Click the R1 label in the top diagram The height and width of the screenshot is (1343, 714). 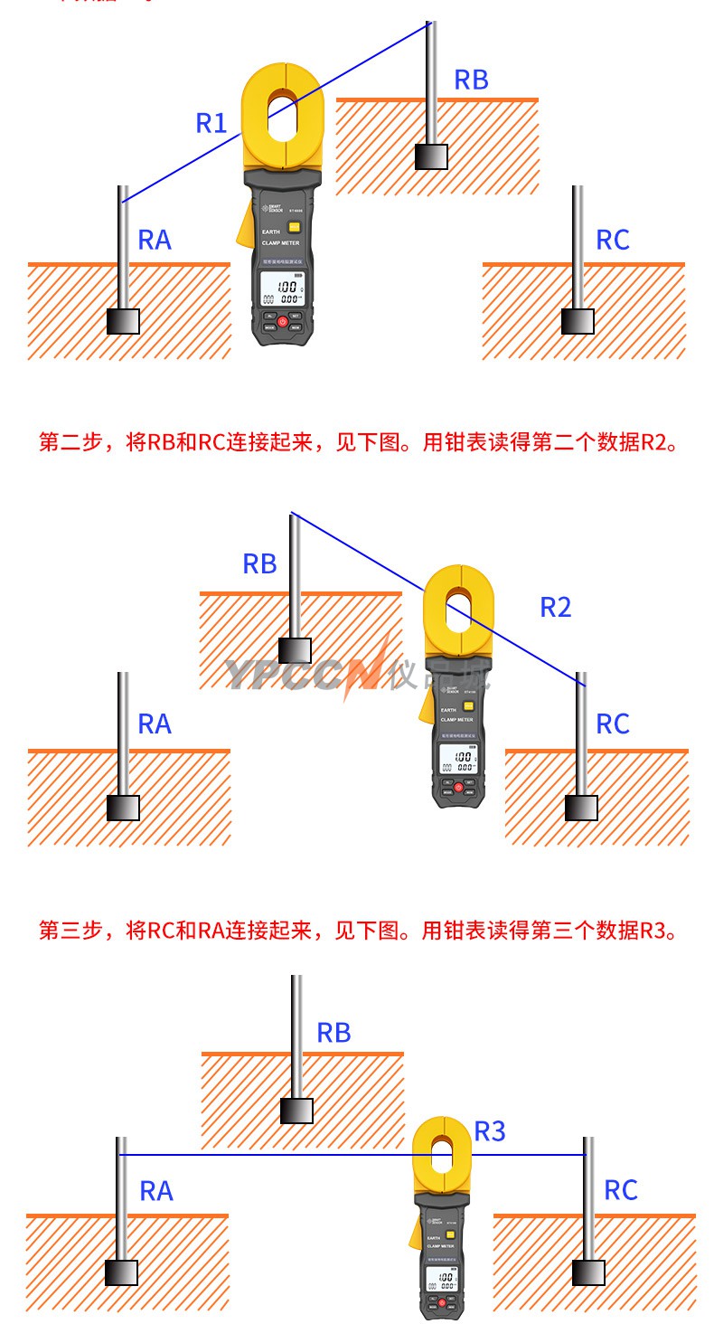[211, 123]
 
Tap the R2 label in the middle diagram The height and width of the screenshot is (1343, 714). [556, 608]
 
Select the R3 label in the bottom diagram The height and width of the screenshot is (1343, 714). [490, 1131]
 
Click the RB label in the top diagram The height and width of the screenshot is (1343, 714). [471, 80]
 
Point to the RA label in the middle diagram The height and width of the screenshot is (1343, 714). [155, 724]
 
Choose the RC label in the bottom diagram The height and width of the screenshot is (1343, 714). [621, 1191]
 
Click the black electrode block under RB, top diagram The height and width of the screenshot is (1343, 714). [431, 157]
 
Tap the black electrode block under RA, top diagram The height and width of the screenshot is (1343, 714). [123, 321]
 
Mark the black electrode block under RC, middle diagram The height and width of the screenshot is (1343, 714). [581, 808]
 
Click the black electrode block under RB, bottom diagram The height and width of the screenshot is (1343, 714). [296, 1111]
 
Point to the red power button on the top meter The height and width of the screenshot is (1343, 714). [282, 322]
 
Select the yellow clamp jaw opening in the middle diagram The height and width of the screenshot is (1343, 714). [458, 608]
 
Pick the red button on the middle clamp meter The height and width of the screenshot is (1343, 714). [458, 788]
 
